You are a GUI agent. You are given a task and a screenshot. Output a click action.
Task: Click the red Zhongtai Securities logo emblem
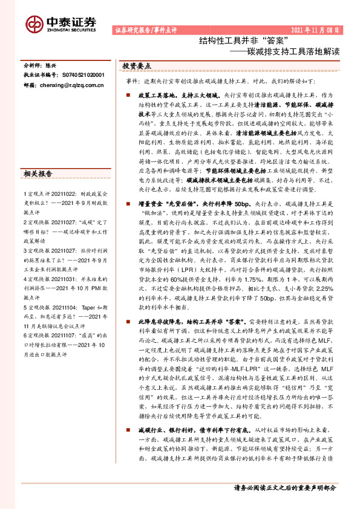point(35,24)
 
